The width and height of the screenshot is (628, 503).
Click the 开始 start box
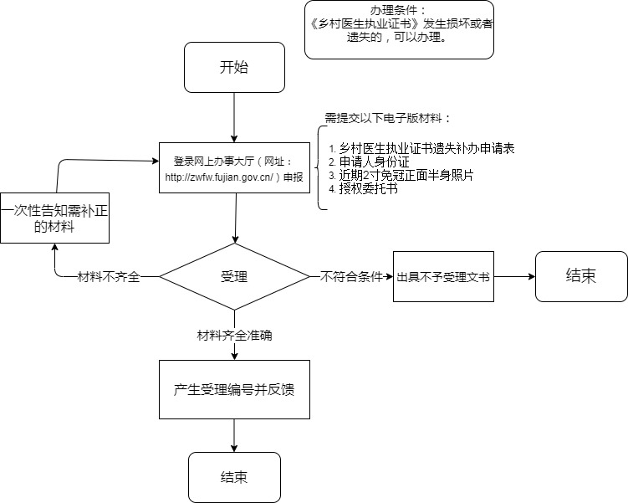tap(234, 69)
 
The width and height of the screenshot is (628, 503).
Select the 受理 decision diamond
tap(234, 276)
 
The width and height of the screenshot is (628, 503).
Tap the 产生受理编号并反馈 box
tap(234, 389)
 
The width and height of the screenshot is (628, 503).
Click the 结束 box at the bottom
tap(234, 477)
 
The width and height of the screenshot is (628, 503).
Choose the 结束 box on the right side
tap(581, 276)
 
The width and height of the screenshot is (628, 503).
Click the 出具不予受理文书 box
tap(443, 276)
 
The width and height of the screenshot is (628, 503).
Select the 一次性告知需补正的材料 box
tap(55, 217)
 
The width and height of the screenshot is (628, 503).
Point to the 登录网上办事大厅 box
tap(234, 168)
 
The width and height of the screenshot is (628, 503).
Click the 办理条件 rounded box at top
tap(399, 31)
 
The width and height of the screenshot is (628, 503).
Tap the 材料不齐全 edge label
tap(108, 277)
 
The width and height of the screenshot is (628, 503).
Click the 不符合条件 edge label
tap(351, 276)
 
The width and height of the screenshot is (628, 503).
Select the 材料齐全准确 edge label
tap(234, 335)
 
